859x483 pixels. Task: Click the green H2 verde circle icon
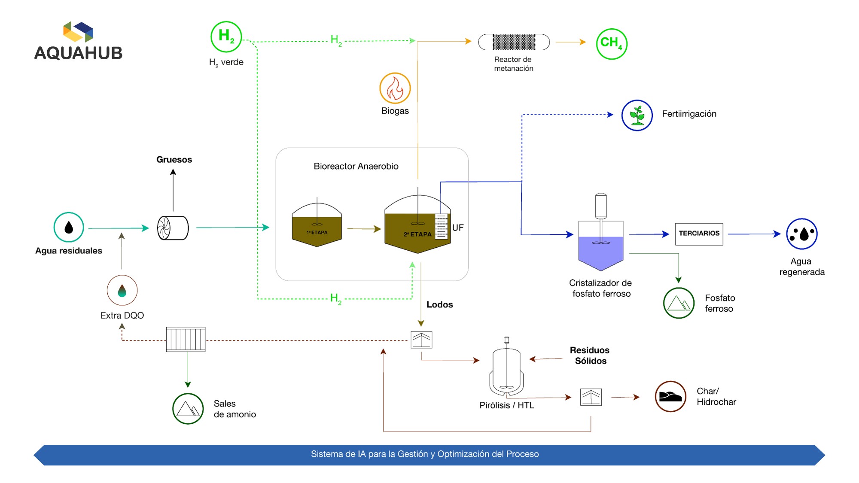[x=226, y=37]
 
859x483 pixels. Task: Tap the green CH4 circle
[x=612, y=44]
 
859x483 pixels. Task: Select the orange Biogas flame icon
[x=395, y=88]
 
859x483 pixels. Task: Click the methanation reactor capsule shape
[x=514, y=42]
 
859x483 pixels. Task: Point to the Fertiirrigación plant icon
[x=637, y=115]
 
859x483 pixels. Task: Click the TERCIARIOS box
[x=699, y=234]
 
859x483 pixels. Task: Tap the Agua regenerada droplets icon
[x=801, y=234]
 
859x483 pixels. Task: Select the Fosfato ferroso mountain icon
[x=679, y=303]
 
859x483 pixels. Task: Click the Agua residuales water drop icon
[x=69, y=228]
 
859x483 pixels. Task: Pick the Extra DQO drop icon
[x=122, y=290]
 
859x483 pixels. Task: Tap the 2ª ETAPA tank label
[x=417, y=234]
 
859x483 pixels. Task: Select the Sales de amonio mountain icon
[x=188, y=409]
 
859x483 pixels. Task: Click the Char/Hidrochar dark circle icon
[x=670, y=396]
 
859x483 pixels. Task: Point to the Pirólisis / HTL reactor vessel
[x=507, y=368]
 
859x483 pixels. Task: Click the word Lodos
[x=439, y=304]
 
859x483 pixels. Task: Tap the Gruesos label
[x=174, y=159]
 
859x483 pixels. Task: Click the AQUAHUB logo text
[x=78, y=53]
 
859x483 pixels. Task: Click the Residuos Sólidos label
[x=590, y=355]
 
